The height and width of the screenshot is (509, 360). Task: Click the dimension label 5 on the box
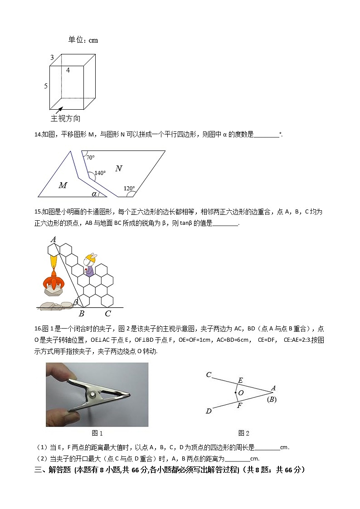point(46,86)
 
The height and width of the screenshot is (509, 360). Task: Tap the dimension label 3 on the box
point(52,57)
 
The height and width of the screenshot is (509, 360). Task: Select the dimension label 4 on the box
point(68,70)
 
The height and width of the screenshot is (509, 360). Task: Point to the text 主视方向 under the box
point(66,119)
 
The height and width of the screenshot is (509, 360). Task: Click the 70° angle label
point(90,158)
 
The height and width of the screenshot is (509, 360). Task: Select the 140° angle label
point(100,173)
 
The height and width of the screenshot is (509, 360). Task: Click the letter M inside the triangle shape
point(63,185)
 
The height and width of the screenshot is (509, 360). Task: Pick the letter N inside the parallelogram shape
point(118,169)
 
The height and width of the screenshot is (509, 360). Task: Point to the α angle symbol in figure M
point(94,194)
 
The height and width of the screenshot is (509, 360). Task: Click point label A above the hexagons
point(53,239)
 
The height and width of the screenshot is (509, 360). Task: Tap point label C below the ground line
point(107,313)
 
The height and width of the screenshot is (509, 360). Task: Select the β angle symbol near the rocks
point(76,302)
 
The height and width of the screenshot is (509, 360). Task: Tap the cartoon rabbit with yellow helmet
point(90,264)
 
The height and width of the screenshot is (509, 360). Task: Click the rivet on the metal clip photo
point(93,395)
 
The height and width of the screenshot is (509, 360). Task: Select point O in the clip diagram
point(236,393)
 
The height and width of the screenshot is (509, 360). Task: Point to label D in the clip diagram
point(208,411)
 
